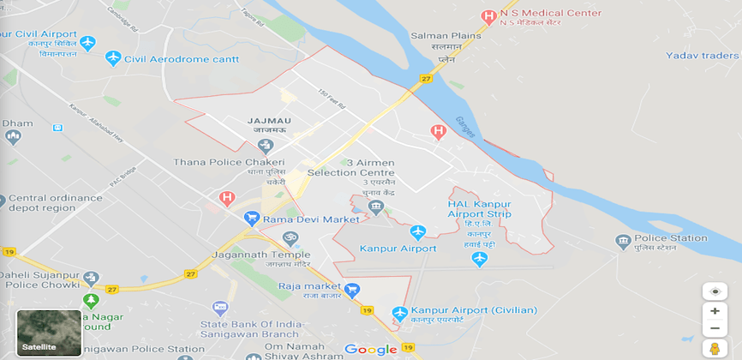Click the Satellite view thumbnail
pos(49,332)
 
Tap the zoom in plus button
pos(715,311)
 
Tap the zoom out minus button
pos(715,328)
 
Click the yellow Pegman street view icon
pos(715,349)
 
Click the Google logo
pos(371,349)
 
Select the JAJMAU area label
pos(268,121)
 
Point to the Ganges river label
pos(466,125)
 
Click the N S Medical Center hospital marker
pos(488,15)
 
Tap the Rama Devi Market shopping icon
pos(252,219)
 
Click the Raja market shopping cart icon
pos(351,291)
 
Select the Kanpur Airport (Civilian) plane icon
pos(398,313)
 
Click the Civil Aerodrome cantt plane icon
pos(112,58)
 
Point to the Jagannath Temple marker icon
pos(290,237)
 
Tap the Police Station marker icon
pos(623,242)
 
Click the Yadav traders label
pos(703,56)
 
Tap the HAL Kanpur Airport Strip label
pos(479,208)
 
